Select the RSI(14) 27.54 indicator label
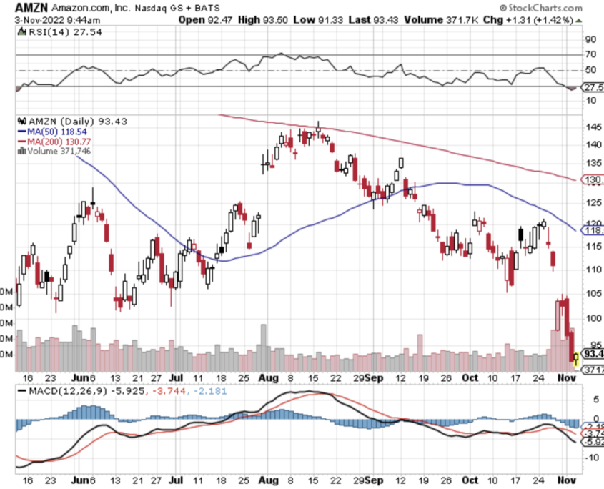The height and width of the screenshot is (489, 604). (46, 33)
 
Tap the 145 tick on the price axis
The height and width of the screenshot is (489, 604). (573, 127)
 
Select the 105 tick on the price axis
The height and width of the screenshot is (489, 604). (573, 293)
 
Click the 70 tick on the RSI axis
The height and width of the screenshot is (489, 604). (570, 54)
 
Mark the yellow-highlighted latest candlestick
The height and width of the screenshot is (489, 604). (576, 355)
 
